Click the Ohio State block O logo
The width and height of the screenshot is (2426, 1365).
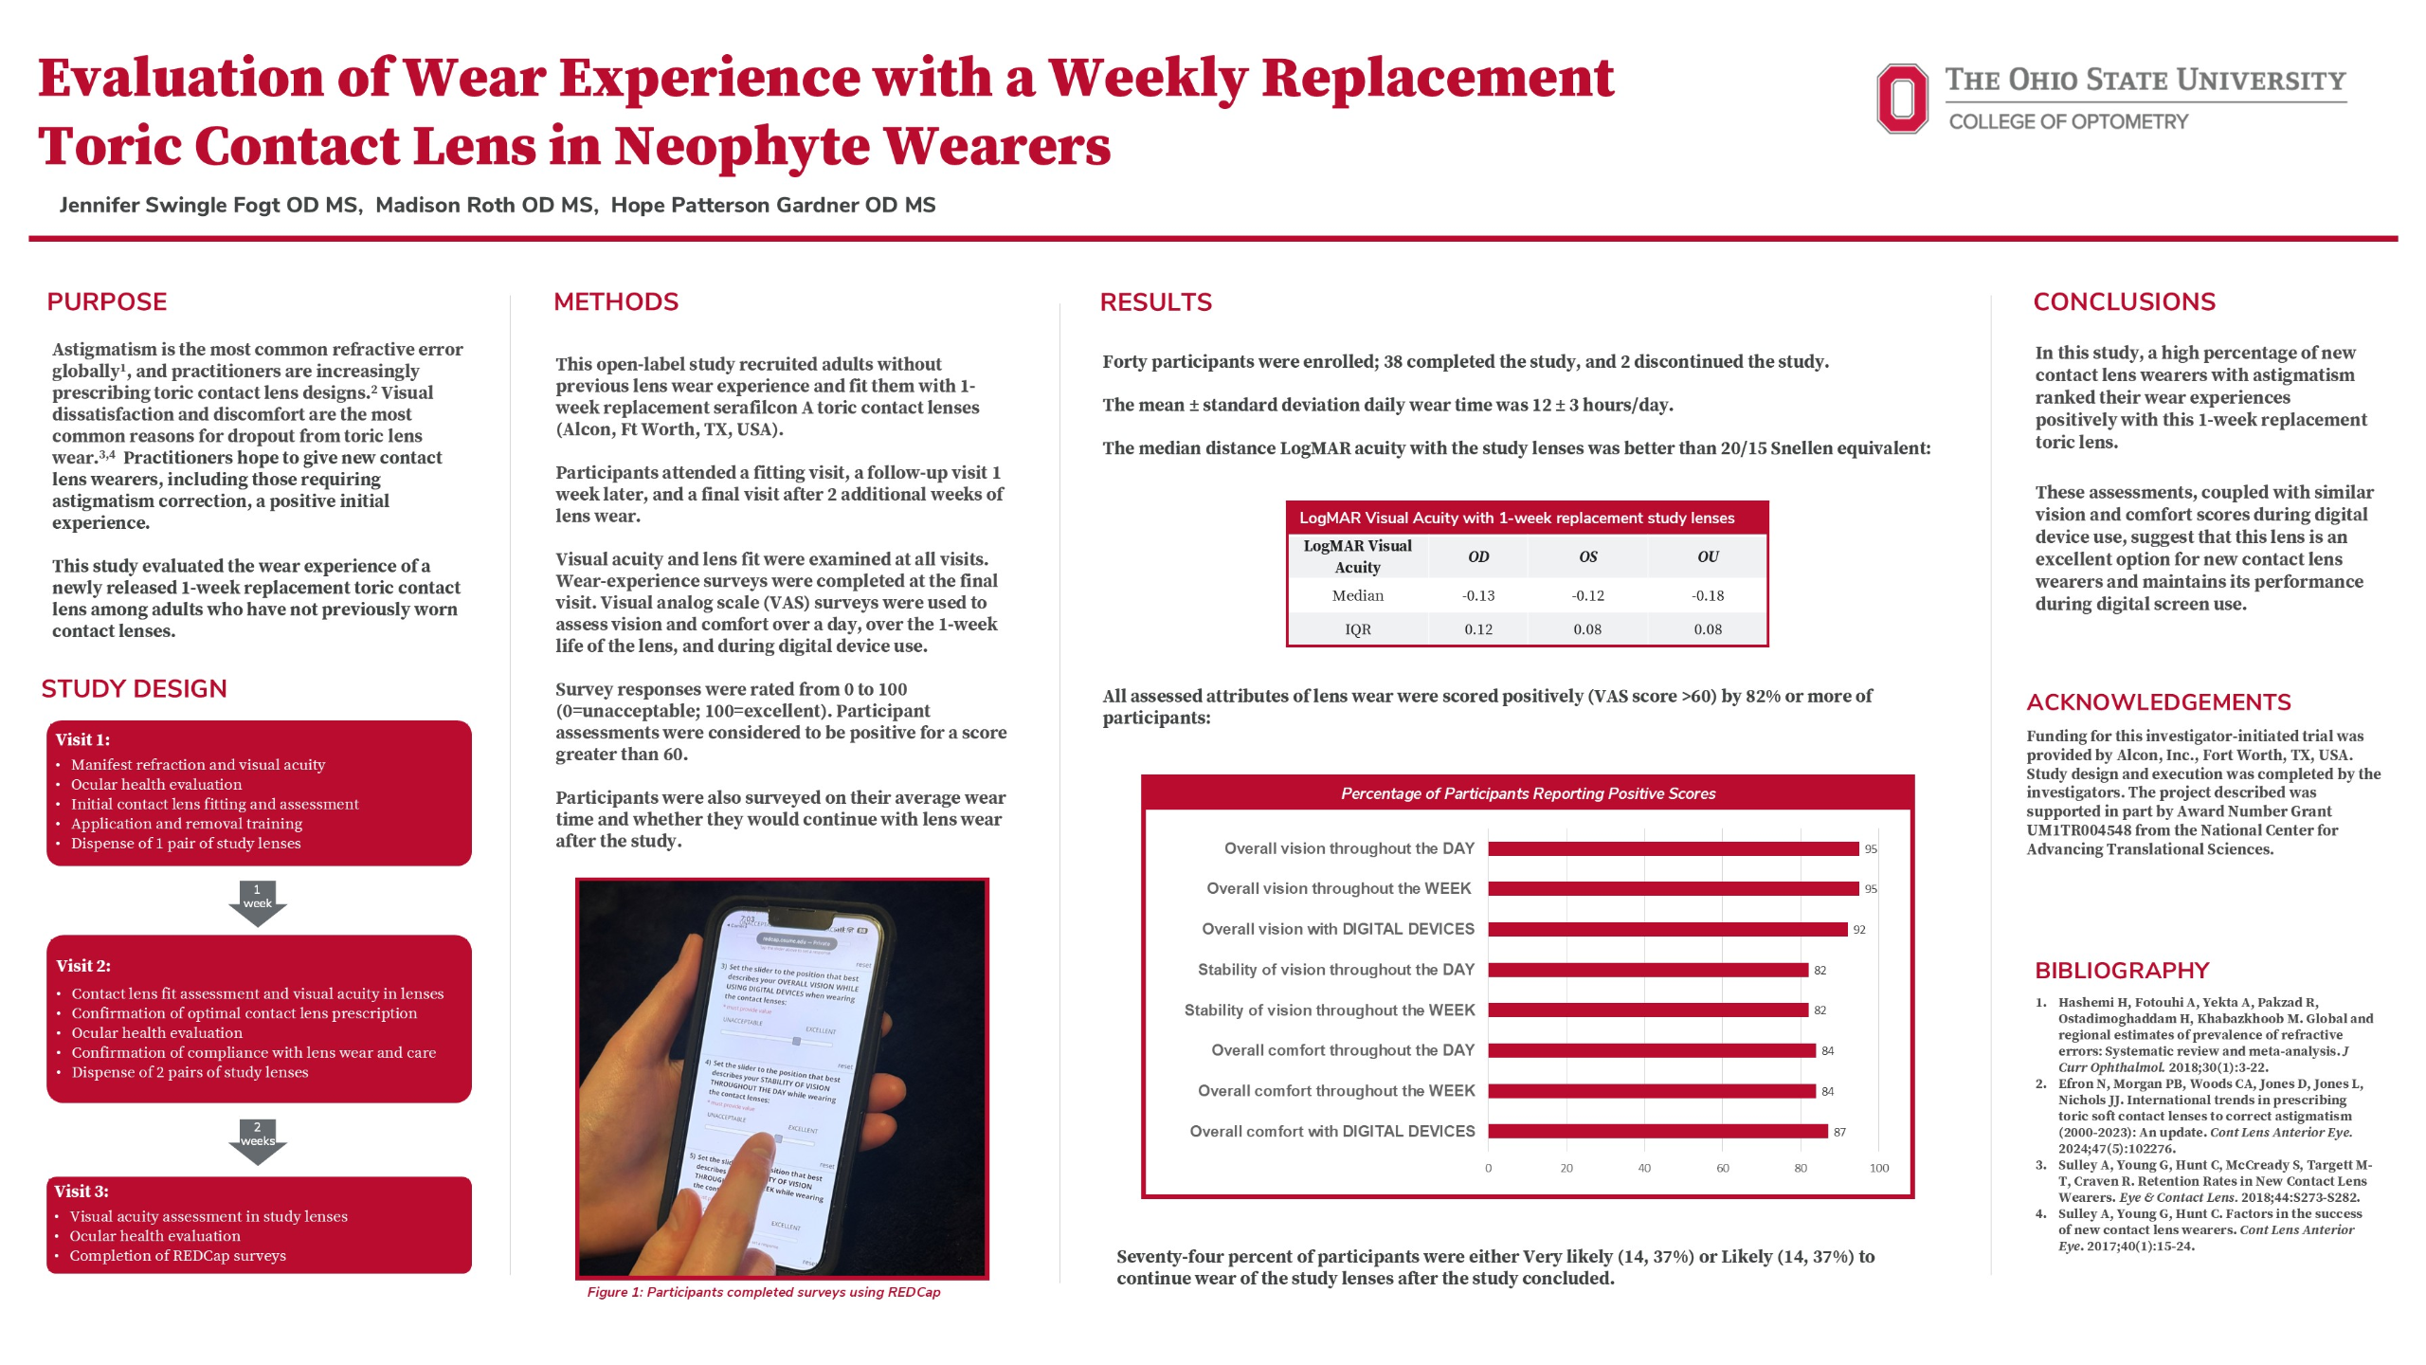(x=1901, y=99)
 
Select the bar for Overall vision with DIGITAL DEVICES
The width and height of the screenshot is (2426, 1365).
(x=1667, y=929)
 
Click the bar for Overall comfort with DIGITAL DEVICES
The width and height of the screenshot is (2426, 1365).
(x=1657, y=1131)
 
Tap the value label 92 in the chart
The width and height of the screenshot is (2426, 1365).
(x=1859, y=930)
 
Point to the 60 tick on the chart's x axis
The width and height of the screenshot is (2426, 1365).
(x=1722, y=1168)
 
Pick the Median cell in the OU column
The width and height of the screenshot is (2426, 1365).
(x=1708, y=595)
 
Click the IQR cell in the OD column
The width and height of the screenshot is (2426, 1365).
(x=1477, y=629)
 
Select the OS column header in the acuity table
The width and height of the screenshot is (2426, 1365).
(x=1587, y=556)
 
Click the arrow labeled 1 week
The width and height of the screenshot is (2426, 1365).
(x=257, y=901)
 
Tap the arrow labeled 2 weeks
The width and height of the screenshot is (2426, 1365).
(x=257, y=1139)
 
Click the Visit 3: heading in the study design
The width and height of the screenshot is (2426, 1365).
(x=81, y=1192)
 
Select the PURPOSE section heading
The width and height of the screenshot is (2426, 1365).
(x=107, y=301)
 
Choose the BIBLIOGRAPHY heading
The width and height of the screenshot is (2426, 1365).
(x=2122, y=971)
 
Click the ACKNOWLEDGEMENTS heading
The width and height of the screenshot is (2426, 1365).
(x=2158, y=702)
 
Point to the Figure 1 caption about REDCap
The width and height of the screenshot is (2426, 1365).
(x=763, y=1292)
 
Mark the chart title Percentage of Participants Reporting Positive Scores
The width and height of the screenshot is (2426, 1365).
(x=1528, y=793)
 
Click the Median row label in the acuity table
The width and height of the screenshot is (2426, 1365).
(x=1357, y=595)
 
